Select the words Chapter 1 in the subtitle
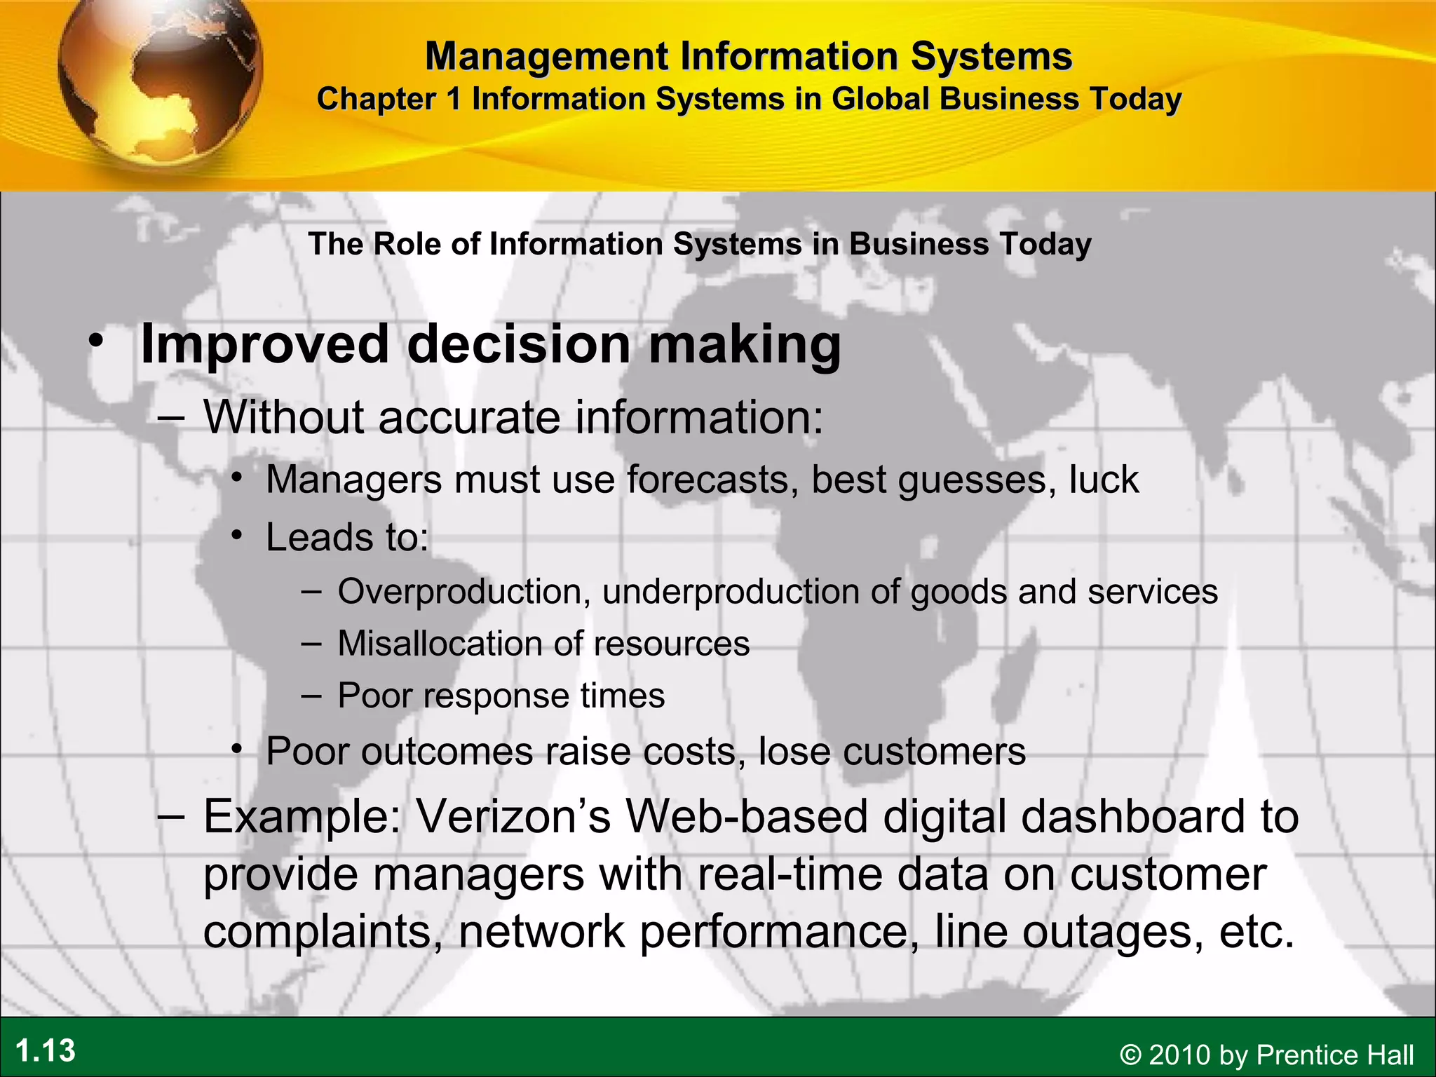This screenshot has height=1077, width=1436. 389,99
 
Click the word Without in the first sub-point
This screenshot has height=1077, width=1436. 284,417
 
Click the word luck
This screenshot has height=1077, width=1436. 1104,480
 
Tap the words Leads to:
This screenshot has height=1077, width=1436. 347,538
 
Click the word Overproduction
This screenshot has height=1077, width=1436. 460,592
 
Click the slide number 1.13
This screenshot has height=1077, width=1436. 46,1051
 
